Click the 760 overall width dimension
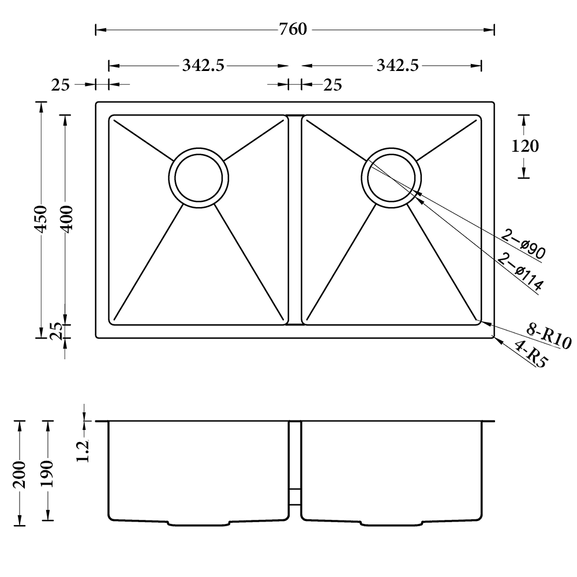[293, 29]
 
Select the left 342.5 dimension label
[203, 66]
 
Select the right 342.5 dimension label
[398, 66]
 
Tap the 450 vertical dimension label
[41, 219]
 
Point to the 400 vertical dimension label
[66, 219]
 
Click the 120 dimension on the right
[525, 147]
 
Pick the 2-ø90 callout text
[523, 243]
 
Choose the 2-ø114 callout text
[520, 272]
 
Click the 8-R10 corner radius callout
[549, 336]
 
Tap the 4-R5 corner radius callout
[530, 354]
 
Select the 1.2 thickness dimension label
[83, 450]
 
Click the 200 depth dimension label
[19, 475]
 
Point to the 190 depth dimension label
[47, 474]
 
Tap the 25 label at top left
[61, 85]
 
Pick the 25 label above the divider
[333, 85]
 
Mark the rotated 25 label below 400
[57, 331]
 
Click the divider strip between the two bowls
[295, 220]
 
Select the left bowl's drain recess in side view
[198, 523]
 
